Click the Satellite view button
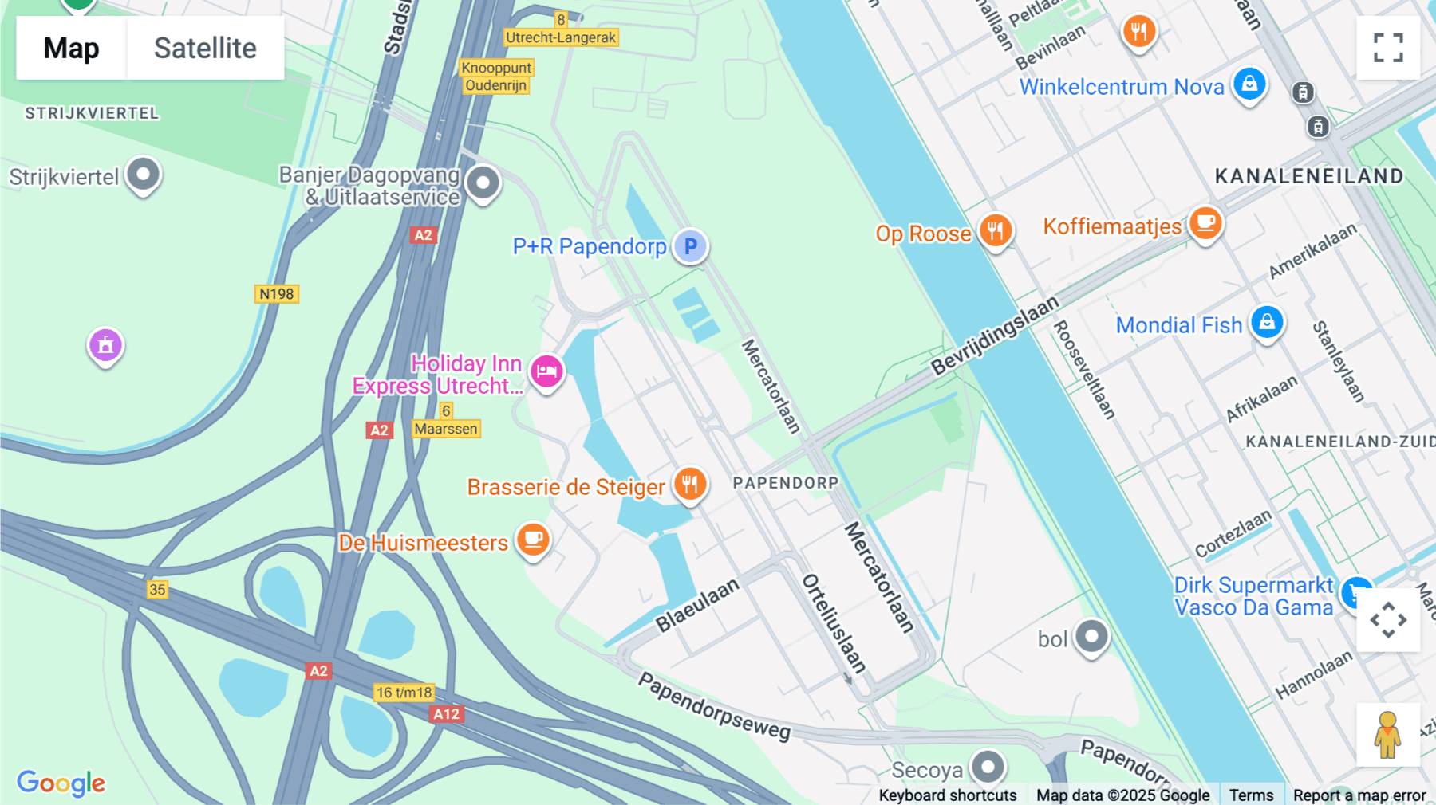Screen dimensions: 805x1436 click(205, 48)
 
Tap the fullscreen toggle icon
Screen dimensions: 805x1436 click(1388, 48)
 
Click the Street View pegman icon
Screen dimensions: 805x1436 click(1388, 734)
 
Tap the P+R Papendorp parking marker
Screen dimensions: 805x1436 click(690, 245)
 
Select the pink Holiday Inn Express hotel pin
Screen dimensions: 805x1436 click(546, 371)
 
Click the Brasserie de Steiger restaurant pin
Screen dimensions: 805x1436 click(690, 484)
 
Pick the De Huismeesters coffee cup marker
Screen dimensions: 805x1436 click(533, 540)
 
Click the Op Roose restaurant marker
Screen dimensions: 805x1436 click(995, 231)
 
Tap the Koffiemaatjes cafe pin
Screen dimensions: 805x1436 click(1205, 223)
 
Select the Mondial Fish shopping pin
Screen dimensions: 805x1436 click(1267, 323)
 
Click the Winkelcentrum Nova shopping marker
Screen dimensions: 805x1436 click(1249, 83)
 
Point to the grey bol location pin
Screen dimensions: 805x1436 click(1091, 636)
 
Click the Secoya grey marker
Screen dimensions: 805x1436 click(988, 768)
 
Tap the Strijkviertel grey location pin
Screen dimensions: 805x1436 click(144, 174)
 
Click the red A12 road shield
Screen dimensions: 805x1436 click(446, 714)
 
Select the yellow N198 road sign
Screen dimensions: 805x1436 click(277, 294)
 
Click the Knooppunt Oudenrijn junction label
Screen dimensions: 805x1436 click(496, 77)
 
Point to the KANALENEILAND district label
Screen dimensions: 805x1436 click(1308, 176)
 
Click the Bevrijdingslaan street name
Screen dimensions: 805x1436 click(995, 335)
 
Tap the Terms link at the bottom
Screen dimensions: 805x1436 click(1251, 795)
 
